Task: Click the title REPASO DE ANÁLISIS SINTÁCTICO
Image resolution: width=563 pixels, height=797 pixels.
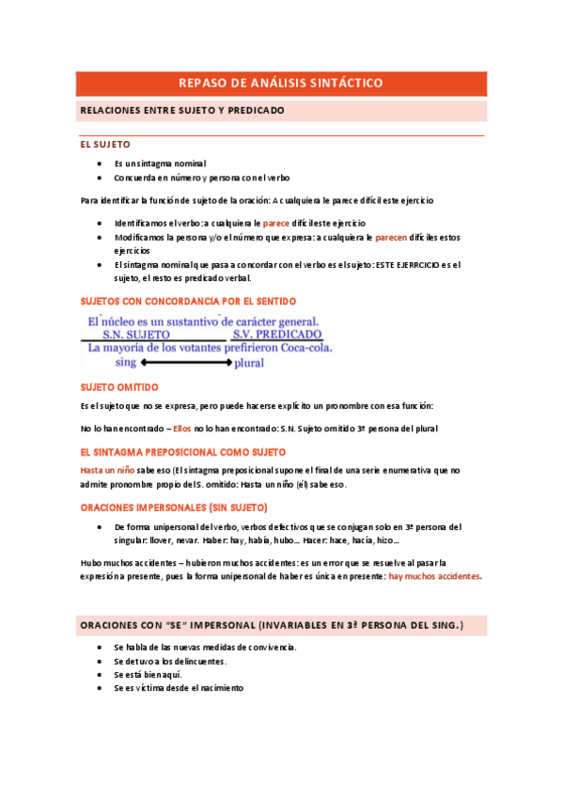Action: click(x=281, y=84)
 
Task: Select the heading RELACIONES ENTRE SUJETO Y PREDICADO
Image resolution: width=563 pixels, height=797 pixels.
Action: click(x=182, y=111)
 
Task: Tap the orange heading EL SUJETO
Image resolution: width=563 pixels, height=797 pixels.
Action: click(x=105, y=146)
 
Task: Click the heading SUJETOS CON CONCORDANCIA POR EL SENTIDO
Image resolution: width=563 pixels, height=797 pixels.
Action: click(x=188, y=301)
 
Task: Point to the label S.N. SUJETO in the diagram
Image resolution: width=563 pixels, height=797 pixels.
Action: click(x=136, y=334)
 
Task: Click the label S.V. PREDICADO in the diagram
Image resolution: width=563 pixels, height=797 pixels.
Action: click(x=278, y=334)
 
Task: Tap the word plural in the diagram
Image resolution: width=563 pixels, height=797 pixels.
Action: click(x=249, y=362)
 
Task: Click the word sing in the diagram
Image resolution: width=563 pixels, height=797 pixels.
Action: click(x=126, y=362)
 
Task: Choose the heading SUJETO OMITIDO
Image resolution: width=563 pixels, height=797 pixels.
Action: click(x=119, y=387)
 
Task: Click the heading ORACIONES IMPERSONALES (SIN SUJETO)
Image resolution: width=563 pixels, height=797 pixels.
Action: click(x=174, y=508)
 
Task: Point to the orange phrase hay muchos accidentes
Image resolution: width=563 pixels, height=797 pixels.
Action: click(x=435, y=577)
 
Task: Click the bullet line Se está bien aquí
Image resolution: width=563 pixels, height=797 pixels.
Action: click(x=148, y=675)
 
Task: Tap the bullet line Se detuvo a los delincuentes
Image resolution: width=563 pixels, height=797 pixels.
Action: click(x=170, y=662)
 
